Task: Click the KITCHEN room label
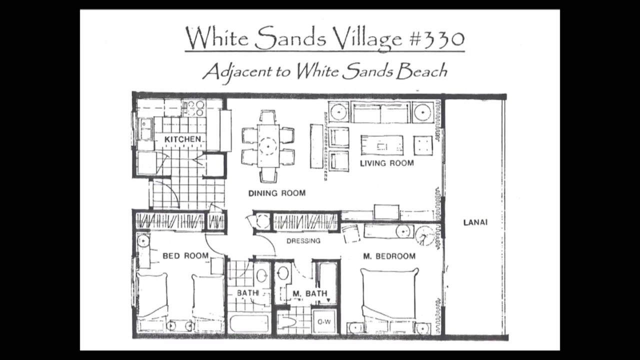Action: point(182,139)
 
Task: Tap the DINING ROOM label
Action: point(277,193)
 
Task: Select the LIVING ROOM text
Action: point(387,163)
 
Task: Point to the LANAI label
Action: point(475,222)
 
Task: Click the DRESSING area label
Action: point(303,241)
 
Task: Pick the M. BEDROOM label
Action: point(389,256)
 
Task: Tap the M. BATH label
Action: point(310,293)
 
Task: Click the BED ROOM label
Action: point(185,255)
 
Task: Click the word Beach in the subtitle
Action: point(421,71)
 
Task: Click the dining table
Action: point(268,146)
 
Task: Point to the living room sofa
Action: point(381,112)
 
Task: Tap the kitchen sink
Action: point(145,129)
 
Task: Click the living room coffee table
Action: point(382,145)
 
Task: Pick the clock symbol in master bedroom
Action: point(424,235)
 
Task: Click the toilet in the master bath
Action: point(289,323)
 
